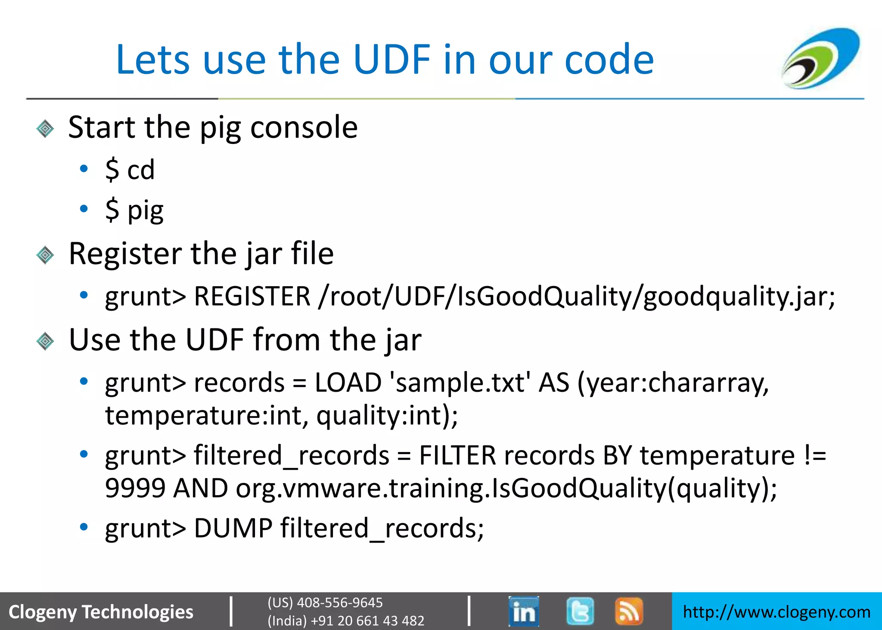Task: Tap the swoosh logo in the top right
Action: (821, 58)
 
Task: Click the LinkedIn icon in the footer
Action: (523, 611)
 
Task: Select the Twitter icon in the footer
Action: (580, 611)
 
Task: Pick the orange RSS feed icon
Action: (629, 611)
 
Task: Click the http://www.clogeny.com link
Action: (776, 612)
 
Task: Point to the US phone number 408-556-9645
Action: (339, 602)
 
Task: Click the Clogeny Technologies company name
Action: (101, 612)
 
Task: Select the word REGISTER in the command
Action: (252, 296)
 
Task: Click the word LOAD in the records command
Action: (348, 382)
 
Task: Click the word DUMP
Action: (233, 528)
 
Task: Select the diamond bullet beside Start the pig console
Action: (45, 128)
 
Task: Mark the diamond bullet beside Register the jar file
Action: (45, 255)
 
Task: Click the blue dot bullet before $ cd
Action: (84, 168)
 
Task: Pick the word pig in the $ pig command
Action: (146, 210)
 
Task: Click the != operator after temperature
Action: (815, 455)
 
